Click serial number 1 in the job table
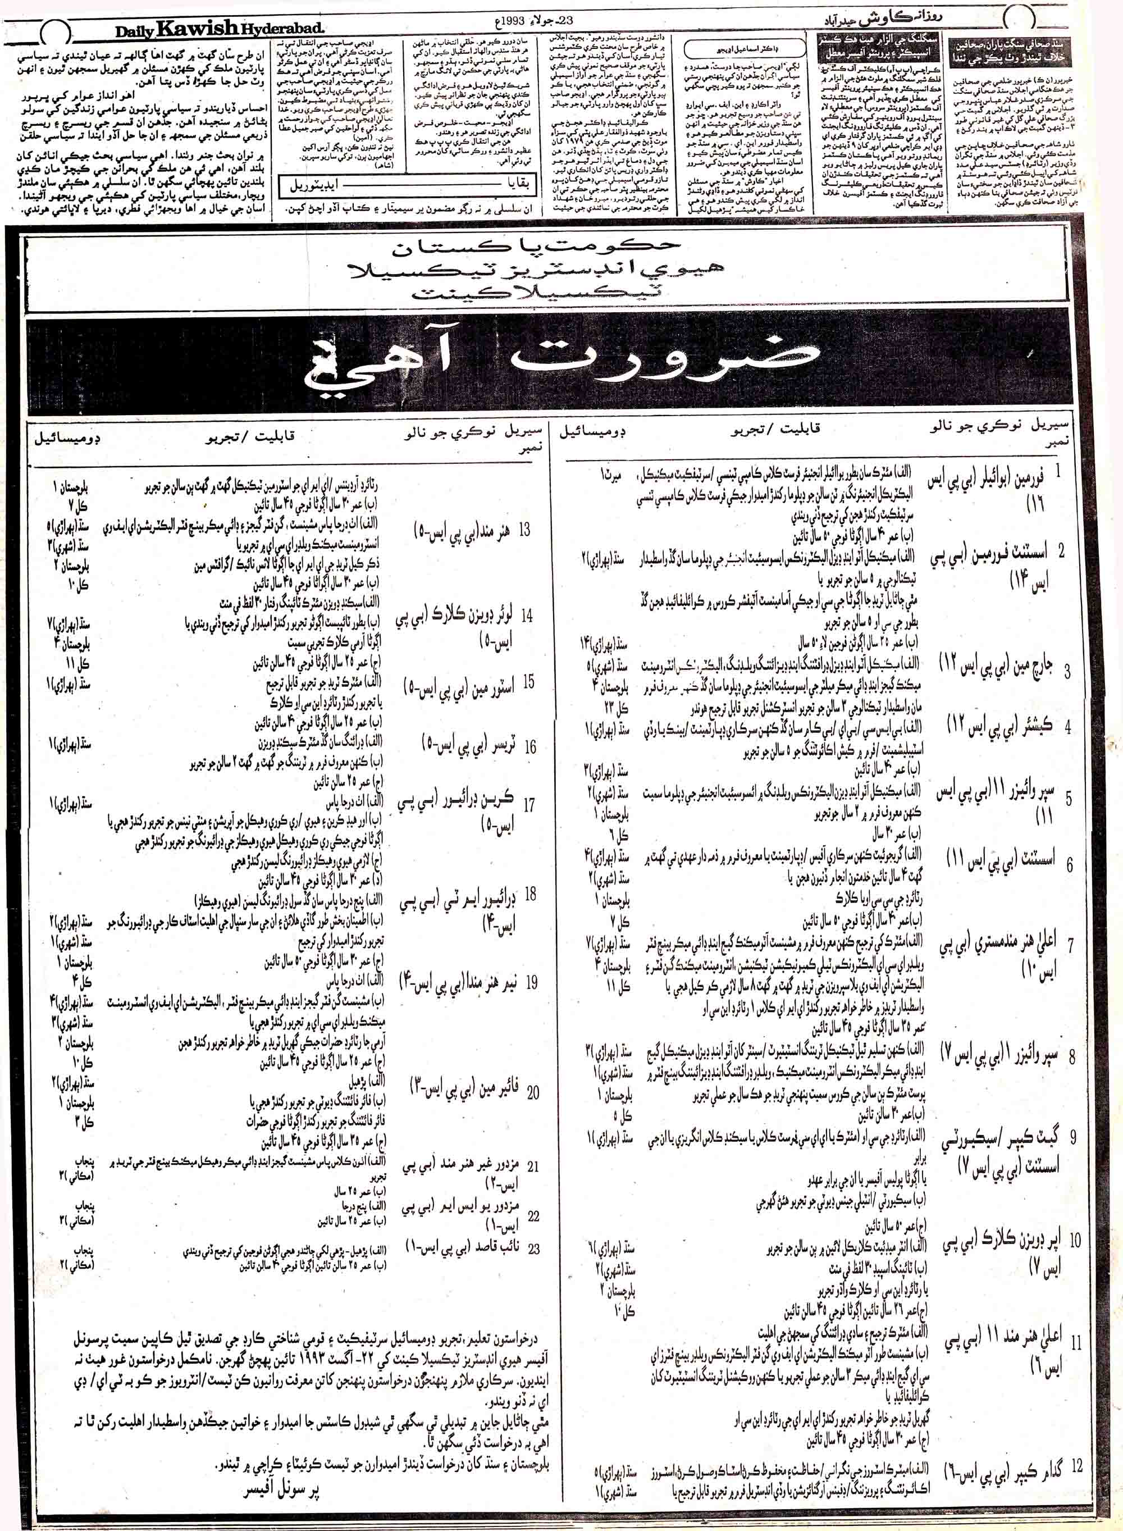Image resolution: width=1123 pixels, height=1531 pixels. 1078,472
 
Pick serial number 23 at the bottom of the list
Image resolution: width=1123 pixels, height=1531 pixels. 533,1247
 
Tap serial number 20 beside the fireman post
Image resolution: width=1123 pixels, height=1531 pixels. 533,1092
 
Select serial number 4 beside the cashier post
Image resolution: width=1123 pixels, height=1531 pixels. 1068,727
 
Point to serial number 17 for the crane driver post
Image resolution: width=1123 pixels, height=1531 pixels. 529,805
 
